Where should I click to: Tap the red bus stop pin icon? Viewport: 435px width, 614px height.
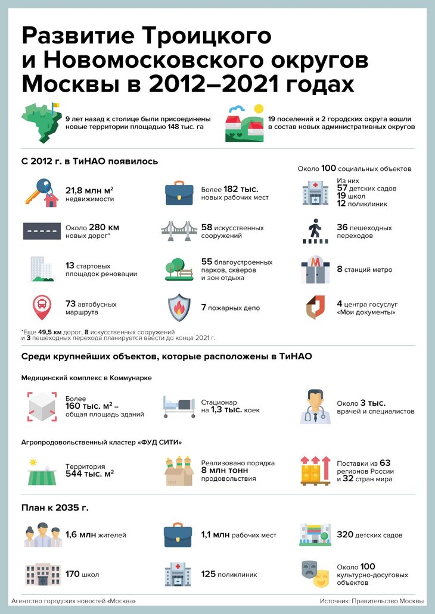click(41, 308)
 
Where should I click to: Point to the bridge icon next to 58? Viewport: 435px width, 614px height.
click(178, 231)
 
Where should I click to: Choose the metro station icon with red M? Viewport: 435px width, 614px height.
click(315, 270)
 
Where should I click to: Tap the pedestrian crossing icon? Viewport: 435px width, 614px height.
click(315, 230)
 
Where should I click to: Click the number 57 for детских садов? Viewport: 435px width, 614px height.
click(343, 188)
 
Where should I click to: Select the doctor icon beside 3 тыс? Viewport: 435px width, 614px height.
click(315, 406)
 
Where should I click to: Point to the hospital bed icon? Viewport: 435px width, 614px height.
click(178, 406)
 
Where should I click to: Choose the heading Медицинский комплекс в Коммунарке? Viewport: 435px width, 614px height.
click(86, 378)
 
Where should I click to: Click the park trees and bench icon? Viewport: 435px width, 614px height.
click(178, 270)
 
